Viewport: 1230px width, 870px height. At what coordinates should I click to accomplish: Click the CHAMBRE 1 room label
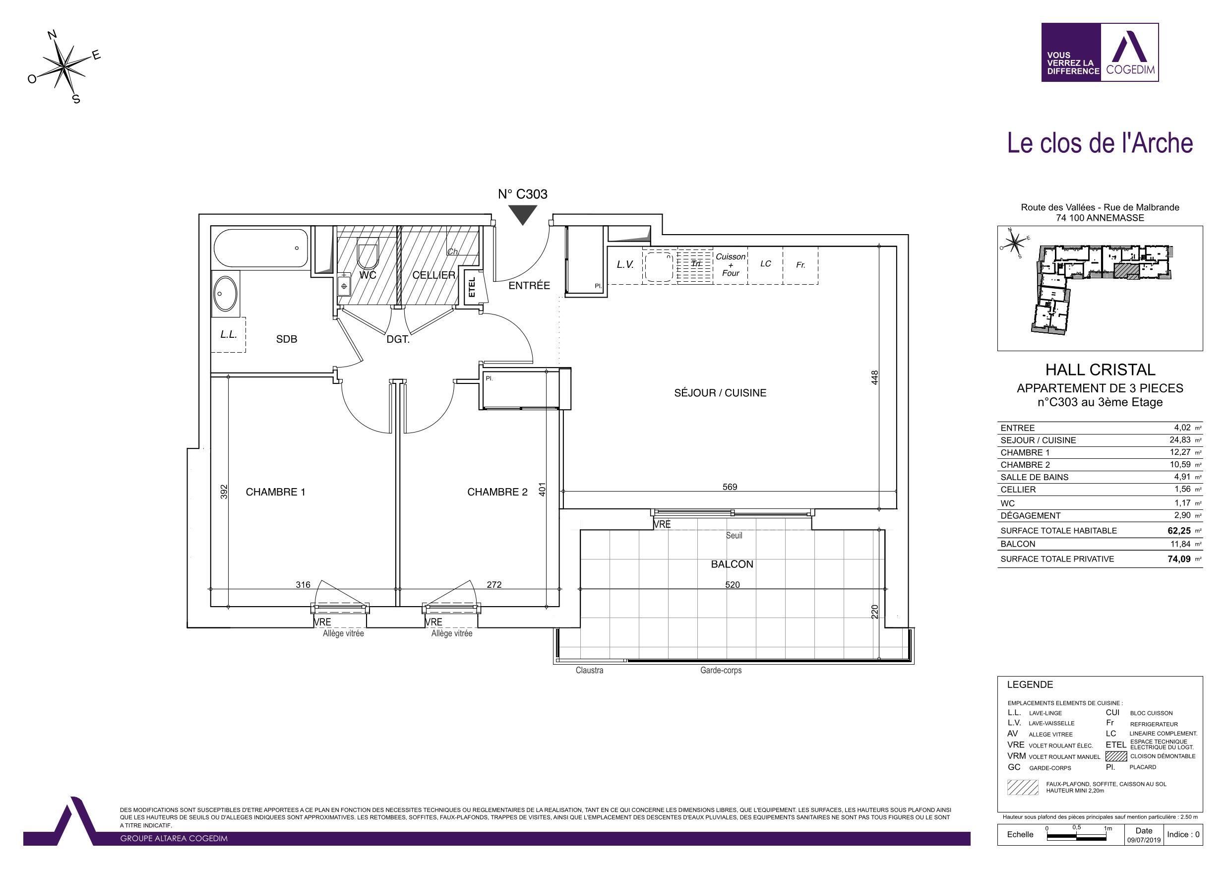coord(275,492)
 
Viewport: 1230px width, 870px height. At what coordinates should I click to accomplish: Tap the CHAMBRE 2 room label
coord(497,492)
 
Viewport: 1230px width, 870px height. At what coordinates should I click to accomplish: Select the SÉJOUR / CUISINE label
coord(720,393)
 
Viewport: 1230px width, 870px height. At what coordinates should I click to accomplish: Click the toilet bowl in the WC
coord(368,256)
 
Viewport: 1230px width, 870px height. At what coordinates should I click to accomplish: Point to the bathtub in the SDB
coord(260,248)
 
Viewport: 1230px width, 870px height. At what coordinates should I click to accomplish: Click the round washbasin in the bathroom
coord(225,293)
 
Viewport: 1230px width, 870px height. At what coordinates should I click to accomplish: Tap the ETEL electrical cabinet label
coord(472,287)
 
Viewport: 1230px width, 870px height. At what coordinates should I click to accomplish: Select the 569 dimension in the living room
coord(730,487)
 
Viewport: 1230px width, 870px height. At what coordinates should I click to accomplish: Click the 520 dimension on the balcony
coord(733,584)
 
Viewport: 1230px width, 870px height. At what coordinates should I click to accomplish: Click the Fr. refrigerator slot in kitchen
coord(800,265)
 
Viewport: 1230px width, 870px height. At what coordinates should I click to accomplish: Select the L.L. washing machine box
coord(229,334)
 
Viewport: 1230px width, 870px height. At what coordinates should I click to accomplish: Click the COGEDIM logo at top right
coord(1100,52)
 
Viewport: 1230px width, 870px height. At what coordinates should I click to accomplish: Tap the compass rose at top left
coord(64,66)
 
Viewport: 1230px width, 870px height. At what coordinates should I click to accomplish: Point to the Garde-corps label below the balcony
coord(721,670)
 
